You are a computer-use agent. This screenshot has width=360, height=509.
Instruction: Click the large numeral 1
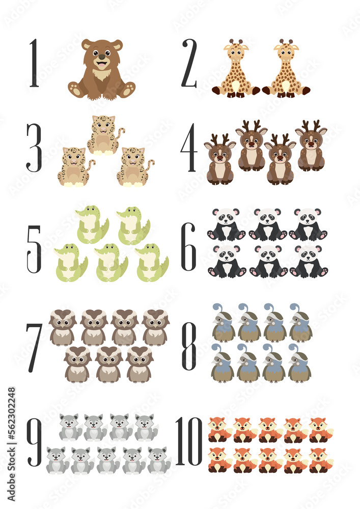(34, 63)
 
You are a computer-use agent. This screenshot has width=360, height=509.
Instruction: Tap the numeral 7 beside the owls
(35, 347)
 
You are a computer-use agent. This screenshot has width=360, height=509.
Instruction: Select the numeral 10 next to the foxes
(189, 441)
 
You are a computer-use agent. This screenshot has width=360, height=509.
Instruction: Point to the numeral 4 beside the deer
(189, 147)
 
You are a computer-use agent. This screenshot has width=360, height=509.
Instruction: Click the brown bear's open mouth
(102, 65)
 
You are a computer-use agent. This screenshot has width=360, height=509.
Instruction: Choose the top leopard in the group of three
(105, 135)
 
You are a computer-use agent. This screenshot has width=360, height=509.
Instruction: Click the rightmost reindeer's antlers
(311, 125)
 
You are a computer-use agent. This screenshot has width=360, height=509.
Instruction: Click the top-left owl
(63, 327)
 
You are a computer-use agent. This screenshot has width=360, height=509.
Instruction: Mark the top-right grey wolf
(146, 427)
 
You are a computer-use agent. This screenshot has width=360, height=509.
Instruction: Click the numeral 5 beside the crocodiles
(34, 249)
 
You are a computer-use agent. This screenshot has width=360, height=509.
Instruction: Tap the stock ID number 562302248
(12, 428)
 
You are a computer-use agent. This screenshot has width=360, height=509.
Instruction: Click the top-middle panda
(267, 224)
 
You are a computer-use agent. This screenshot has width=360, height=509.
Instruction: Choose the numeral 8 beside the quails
(189, 347)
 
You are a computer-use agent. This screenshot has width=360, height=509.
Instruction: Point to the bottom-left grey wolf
(57, 460)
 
